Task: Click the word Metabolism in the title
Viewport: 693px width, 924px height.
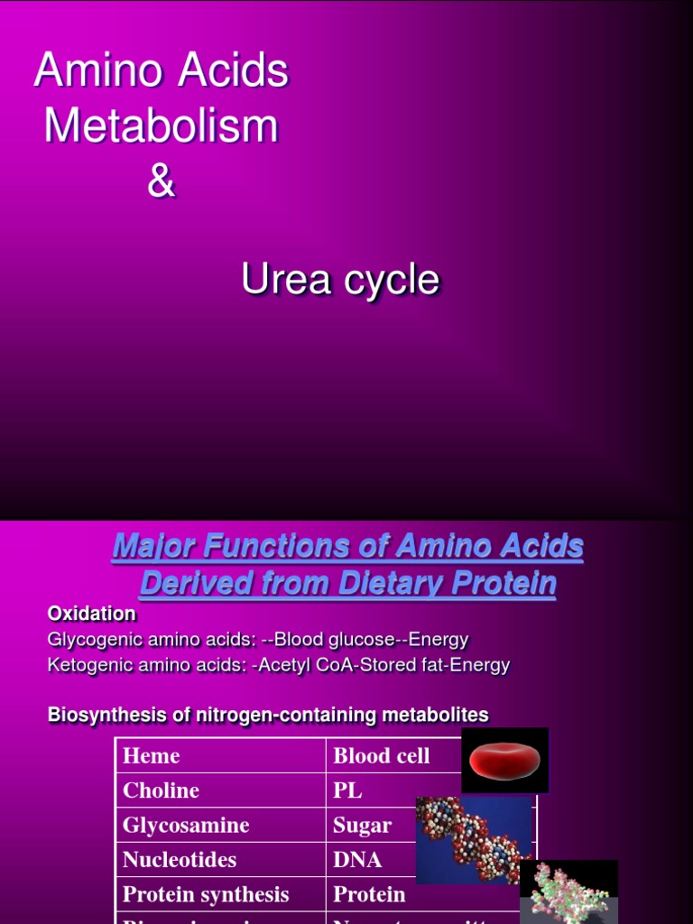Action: coord(161,126)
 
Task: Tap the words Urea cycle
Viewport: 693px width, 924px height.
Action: coord(340,281)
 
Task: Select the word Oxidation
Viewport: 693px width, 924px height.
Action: coord(91,614)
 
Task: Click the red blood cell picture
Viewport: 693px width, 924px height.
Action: coord(504,761)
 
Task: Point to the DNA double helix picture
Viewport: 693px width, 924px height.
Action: coord(473,839)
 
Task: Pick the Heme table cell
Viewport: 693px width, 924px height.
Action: coord(152,756)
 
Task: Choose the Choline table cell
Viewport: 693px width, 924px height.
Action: coord(161,790)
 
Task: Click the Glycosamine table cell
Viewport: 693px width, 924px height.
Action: coord(186,826)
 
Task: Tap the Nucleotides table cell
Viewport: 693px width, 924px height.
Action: coord(180,860)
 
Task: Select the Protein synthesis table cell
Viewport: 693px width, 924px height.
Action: coord(206,895)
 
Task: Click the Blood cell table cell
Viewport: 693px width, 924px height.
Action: coord(382,756)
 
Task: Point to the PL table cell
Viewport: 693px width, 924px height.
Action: coord(348,790)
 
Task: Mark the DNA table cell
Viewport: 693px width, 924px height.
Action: coord(358,860)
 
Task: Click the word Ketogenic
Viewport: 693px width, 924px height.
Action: coord(88,665)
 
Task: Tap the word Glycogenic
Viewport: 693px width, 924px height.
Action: coord(92,640)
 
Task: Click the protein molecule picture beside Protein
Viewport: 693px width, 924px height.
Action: coord(568,891)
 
